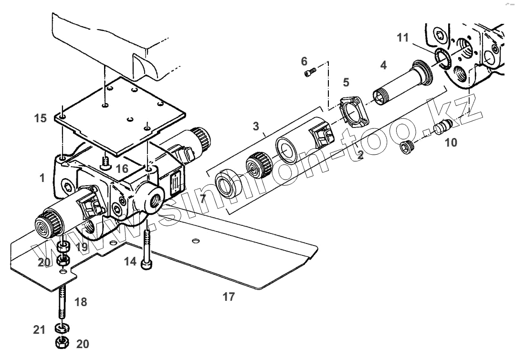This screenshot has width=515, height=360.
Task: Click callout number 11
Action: (x=403, y=37)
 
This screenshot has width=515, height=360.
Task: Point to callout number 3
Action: (x=256, y=126)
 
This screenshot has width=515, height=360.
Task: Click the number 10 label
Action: (x=451, y=142)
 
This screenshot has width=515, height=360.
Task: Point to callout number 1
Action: (x=42, y=178)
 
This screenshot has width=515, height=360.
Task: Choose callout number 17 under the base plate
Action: (x=229, y=296)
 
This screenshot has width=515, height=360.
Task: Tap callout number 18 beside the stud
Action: (x=80, y=301)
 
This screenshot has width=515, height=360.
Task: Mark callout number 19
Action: (x=81, y=247)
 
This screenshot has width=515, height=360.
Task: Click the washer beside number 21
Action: (x=61, y=328)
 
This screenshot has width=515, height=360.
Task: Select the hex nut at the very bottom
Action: (x=62, y=342)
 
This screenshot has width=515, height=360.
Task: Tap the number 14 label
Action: (x=130, y=261)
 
